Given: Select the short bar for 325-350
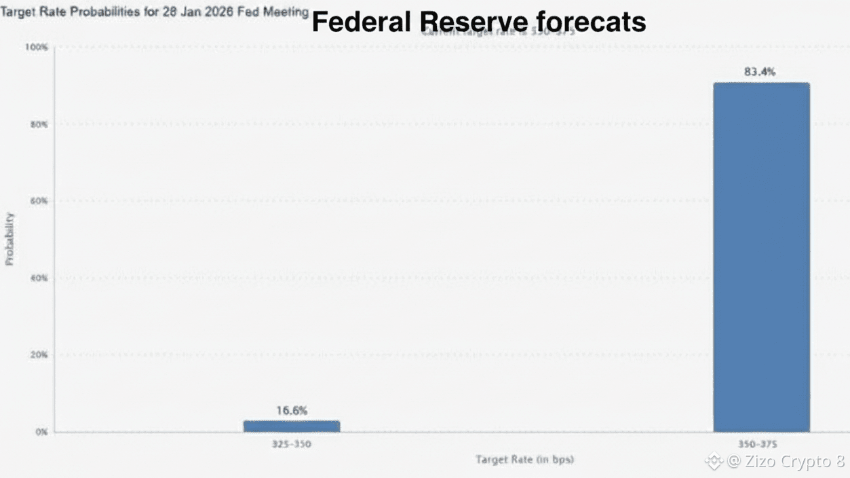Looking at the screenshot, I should point(292,426).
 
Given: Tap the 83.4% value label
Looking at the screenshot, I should point(759,71).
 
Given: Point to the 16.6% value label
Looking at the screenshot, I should point(292,410).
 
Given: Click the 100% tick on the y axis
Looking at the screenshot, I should point(36,47).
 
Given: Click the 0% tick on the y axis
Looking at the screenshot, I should point(40,432).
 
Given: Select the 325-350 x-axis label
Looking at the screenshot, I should point(292,444).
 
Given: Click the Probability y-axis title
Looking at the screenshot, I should point(9,238).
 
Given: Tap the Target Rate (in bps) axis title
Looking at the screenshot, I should point(524,460).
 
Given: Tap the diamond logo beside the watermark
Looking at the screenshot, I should point(714,462).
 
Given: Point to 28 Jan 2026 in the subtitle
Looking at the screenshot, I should point(195,12).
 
